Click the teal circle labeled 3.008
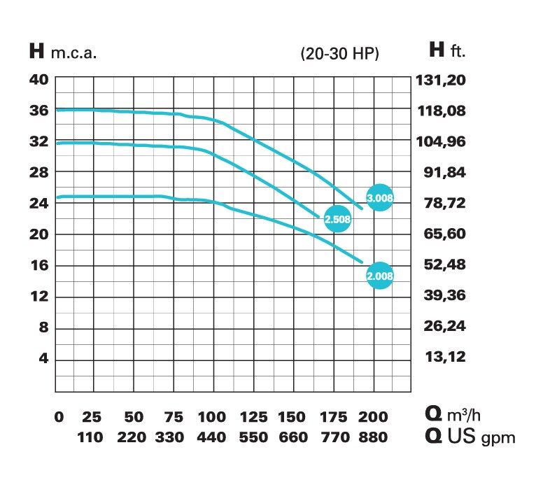tap(380, 198)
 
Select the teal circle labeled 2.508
tap(338, 220)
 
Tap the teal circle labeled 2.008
tap(380, 276)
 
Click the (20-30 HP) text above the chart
tap(339, 53)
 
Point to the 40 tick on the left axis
tap(38, 79)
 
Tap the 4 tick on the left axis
tap(43, 359)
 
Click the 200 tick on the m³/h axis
tap(373, 418)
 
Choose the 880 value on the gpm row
tap(373, 437)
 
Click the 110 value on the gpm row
tap(90, 437)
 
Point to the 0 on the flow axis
tap(59, 418)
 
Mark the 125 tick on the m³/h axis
tap(253, 418)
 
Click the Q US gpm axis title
tap(470, 437)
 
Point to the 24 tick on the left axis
tap(38, 204)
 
